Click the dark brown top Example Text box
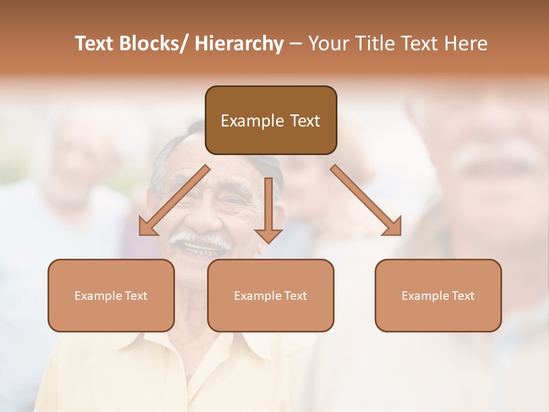point(270,120)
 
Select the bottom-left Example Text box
point(111,295)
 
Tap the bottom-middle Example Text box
point(270,295)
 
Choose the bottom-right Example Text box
point(438,295)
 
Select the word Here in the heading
point(467,43)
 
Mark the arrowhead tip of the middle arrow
point(268,241)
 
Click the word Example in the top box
point(252,121)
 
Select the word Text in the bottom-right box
point(462,295)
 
